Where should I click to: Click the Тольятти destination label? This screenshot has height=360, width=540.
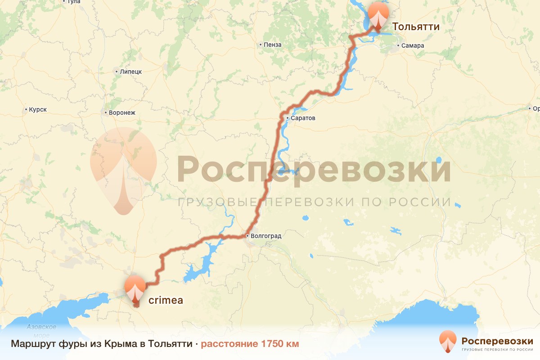pos(415,27)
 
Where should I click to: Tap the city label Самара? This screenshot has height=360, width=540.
pos(413,45)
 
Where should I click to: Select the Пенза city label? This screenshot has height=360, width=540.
pos(273,45)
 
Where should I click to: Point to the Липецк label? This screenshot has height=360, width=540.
pos(130,72)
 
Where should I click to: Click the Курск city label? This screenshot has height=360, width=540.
pos(38,109)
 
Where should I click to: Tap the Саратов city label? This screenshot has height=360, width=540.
pos(303,118)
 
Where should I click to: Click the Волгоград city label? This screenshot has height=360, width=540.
pos(265,236)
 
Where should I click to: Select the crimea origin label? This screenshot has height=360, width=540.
pos(166,300)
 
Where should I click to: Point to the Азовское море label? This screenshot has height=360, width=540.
pos(41,331)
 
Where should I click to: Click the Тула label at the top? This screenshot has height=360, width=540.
pos(73,2)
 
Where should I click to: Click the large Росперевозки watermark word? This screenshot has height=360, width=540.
pos(314,169)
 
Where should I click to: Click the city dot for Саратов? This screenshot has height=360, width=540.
pos(287,118)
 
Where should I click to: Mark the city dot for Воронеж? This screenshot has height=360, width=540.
pos(105,112)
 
